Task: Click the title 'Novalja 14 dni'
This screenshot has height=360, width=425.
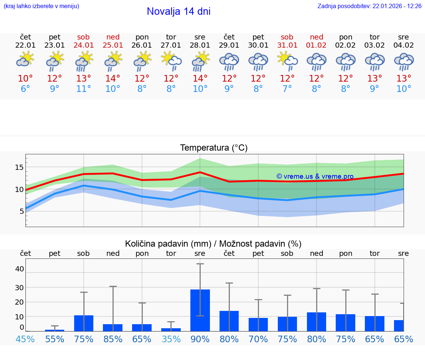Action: (179, 11)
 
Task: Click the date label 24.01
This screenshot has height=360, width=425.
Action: (84, 45)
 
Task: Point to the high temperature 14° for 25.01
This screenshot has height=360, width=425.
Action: (113, 78)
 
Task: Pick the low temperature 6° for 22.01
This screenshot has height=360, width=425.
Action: (25, 89)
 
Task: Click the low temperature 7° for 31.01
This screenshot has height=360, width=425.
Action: (287, 89)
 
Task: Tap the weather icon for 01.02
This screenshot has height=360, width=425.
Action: (316, 61)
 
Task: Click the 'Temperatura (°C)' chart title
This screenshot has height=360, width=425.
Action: (214, 148)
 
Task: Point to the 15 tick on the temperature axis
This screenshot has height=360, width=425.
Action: (19, 167)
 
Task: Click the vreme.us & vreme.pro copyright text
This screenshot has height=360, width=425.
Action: (315, 176)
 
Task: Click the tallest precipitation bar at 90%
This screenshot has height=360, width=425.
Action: (200, 310)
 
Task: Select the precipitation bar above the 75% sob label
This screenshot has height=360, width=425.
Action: (84, 323)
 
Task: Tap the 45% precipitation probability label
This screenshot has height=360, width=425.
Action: (25, 339)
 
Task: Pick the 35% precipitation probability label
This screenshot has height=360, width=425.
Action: (171, 339)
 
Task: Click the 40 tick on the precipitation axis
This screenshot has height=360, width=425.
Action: (19, 269)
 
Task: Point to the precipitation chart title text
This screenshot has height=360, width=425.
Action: (213, 244)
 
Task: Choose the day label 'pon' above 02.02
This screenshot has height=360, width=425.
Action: (345, 37)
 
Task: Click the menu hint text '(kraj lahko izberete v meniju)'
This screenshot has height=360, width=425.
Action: (41, 6)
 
